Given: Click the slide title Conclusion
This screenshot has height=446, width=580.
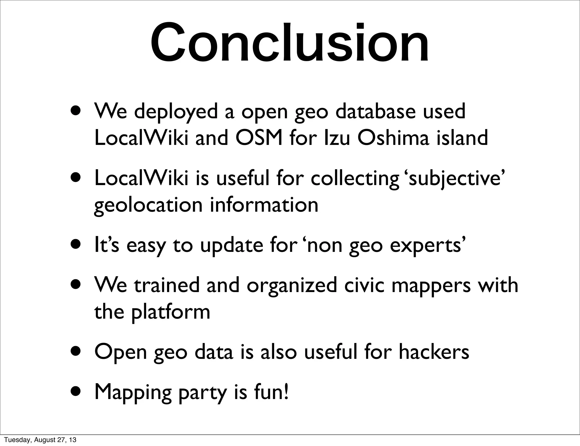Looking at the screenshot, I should click(x=289, y=42).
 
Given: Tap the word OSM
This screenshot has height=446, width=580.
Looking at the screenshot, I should click(x=259, y=138).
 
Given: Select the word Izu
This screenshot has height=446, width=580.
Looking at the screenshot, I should click(x=337, y=138).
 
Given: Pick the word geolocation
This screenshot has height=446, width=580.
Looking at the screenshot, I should click(x=148, y=205).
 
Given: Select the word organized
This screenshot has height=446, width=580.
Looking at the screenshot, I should click(x=292, y=285).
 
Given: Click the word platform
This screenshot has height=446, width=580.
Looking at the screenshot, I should click(x=170, y=312).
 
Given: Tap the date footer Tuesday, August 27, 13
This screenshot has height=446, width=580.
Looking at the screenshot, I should click(x=40, y=440).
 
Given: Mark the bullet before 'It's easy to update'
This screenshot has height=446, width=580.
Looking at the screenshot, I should click(x=78, y=245).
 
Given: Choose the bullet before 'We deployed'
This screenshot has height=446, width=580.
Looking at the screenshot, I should click(x=78, y=111).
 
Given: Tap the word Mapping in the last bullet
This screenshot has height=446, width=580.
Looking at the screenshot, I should click(x=133, y=392).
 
